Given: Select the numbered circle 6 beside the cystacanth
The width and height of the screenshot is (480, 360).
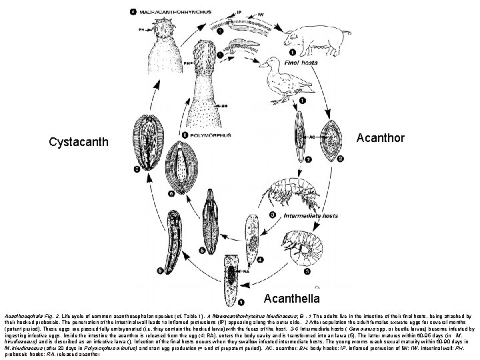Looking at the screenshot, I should tap(171, 193).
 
